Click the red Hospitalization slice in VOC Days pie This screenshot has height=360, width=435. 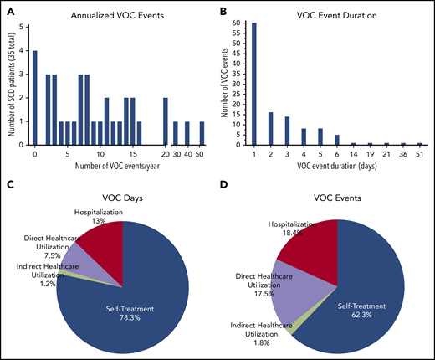[x=102, y=243]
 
